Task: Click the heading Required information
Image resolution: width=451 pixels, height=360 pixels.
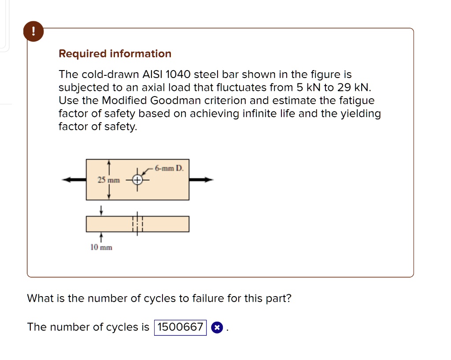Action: point(115,54)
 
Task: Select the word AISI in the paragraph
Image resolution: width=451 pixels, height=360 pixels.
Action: point(150,74)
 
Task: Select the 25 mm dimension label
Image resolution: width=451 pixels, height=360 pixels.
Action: point(108,180)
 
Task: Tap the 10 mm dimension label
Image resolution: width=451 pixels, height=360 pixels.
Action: point(101,248)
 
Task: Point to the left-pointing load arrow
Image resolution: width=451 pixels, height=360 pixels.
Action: point(74,180)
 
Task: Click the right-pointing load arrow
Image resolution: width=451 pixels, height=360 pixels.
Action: point(201,180)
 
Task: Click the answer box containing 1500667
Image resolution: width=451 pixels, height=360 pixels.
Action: point(180,327)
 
